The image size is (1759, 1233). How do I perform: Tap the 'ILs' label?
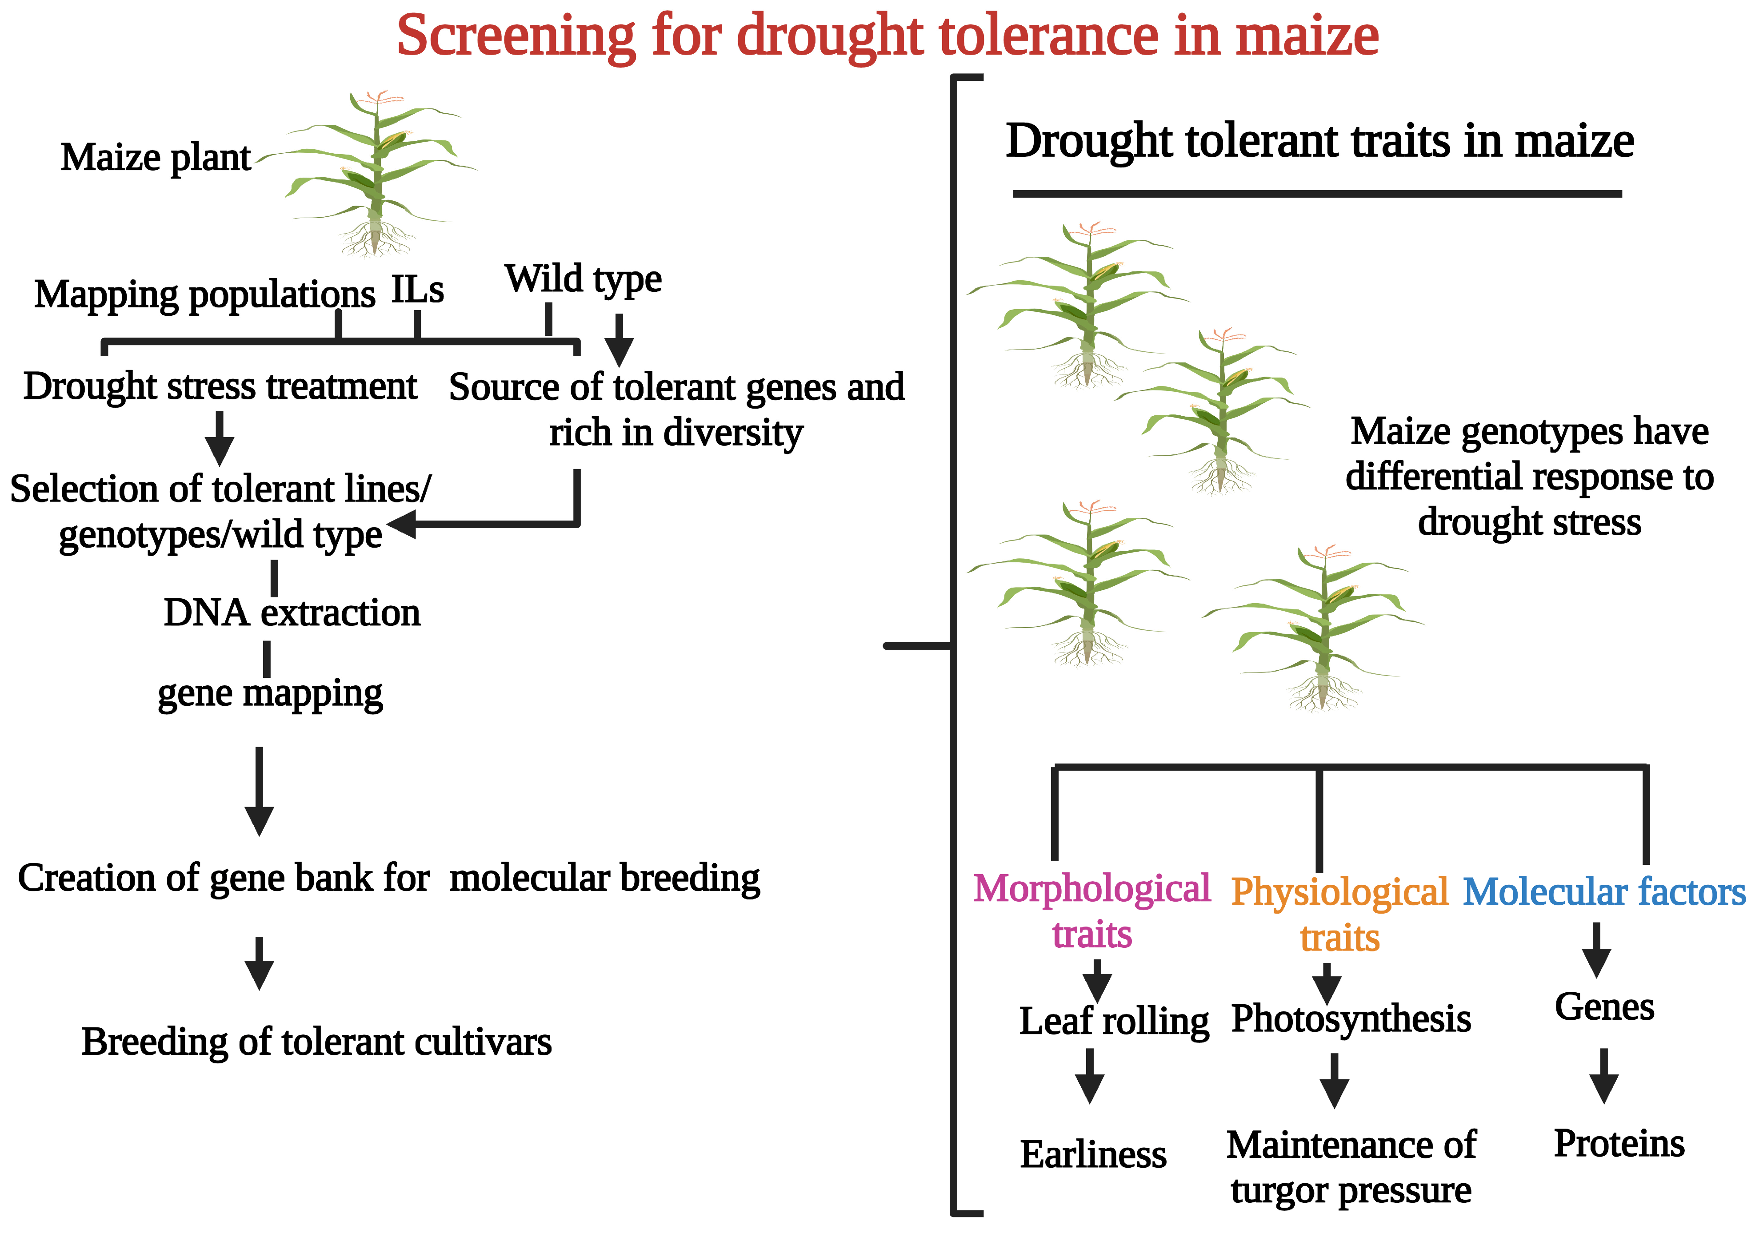click(x=418, y=290)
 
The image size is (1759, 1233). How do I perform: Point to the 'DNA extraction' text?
click(x=292, y=613)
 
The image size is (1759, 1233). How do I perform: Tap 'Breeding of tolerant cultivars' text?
click(x=316, y=1042)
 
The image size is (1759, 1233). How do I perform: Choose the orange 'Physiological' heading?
click(x=1339, y=892)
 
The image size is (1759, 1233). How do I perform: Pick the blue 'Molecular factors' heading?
click(x=1603, y=892)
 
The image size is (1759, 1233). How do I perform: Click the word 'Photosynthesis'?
click(x=1351, y=1018)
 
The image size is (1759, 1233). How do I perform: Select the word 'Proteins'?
click(x=1619, y=1143)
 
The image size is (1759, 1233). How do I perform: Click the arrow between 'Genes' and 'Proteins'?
click(x=1603, y=1076)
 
